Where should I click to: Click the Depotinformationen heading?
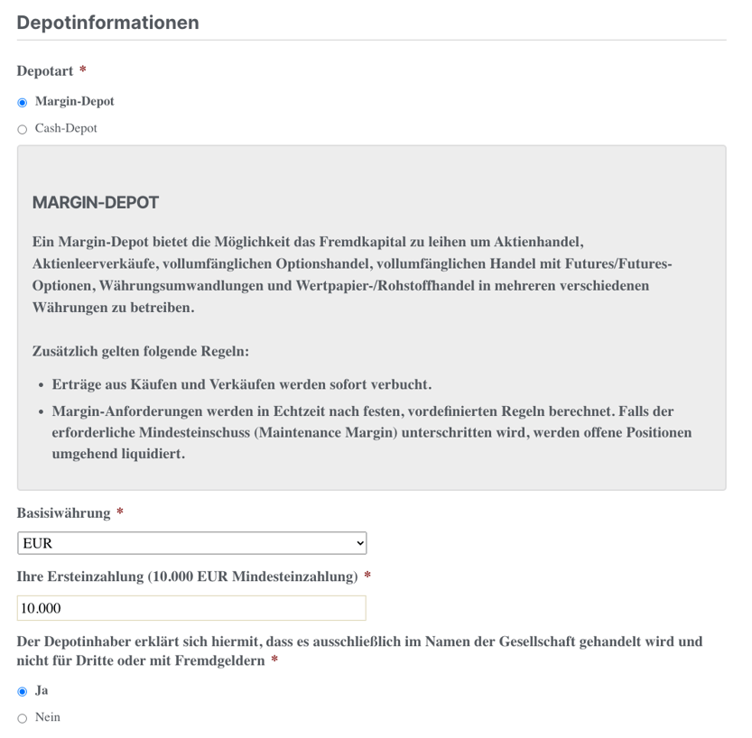point(107,23)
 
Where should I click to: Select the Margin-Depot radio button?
point(23,102)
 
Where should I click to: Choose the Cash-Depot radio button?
point(23,129)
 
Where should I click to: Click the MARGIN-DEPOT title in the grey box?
point(96,202)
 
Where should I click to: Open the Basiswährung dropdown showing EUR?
point(191,543)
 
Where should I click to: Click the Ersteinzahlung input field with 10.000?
point(191,608)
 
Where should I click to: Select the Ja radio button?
point(23,691)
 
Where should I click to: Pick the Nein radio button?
point(23,718)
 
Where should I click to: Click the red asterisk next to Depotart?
point(83,70)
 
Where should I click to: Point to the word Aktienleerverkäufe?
point(99,263)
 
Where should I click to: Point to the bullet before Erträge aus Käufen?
point(42,385)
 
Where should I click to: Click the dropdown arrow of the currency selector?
point(360,543)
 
